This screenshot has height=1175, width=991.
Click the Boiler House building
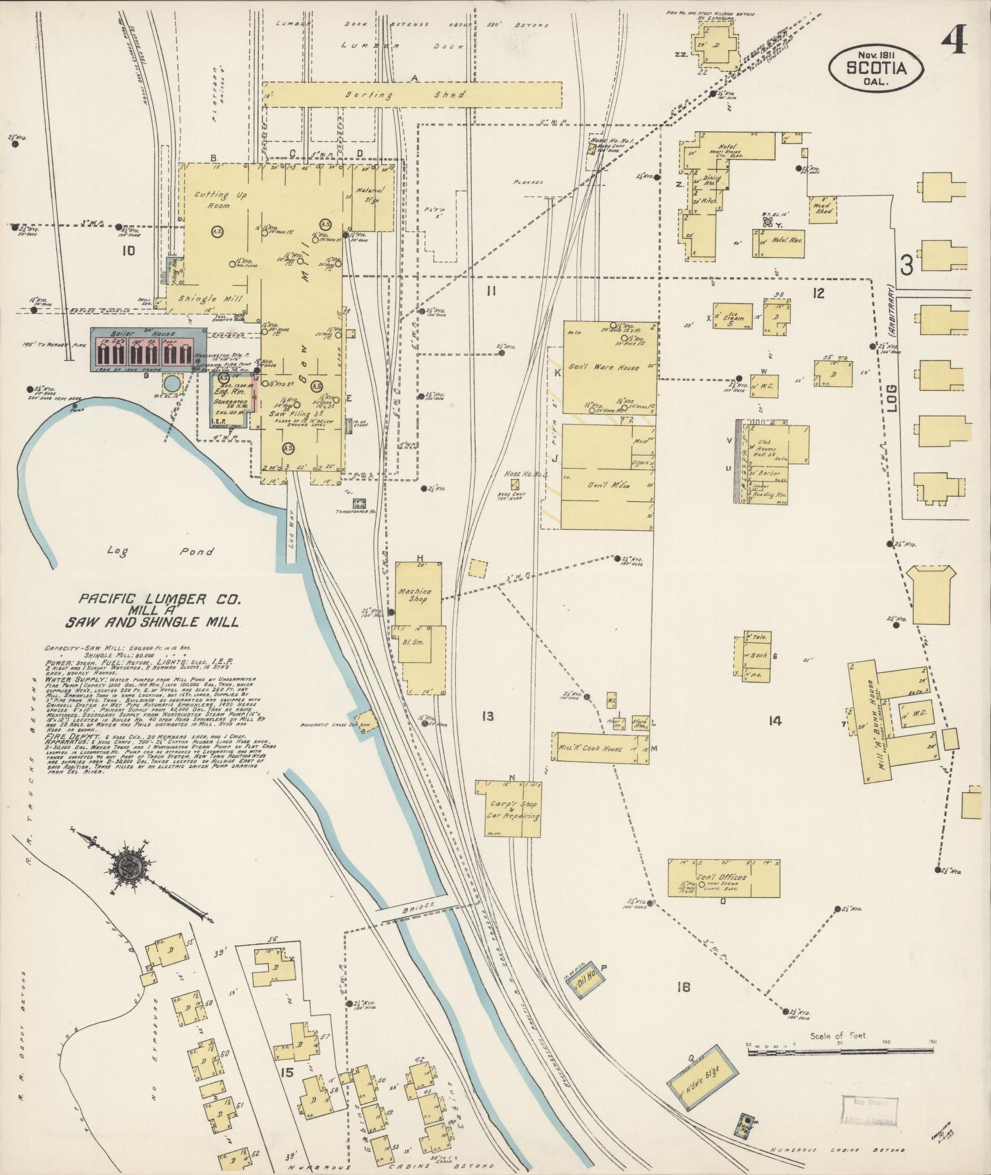[x=148, y=349]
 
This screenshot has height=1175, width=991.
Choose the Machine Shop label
[x=415, y=595]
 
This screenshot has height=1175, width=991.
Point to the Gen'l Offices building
[x=723, y=878]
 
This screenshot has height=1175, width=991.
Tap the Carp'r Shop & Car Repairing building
[x=508, y=810]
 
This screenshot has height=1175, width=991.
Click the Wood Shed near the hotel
[x=823, y=208]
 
